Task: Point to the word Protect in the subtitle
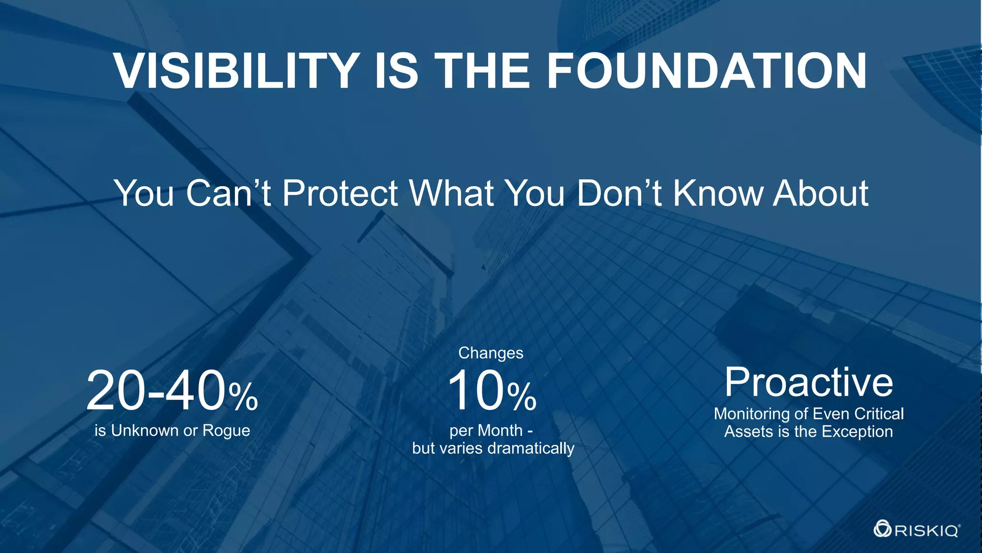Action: click(x=340, y=193)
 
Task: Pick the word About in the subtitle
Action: click(x=821, y=193)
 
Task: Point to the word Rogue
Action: click(x=226, y=431)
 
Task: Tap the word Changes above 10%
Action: click(x=491, y=353)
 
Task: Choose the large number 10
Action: click(x=476, y=391)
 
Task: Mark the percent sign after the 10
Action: click(x=522, y=397)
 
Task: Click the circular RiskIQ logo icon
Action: click(x=882, y=530)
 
